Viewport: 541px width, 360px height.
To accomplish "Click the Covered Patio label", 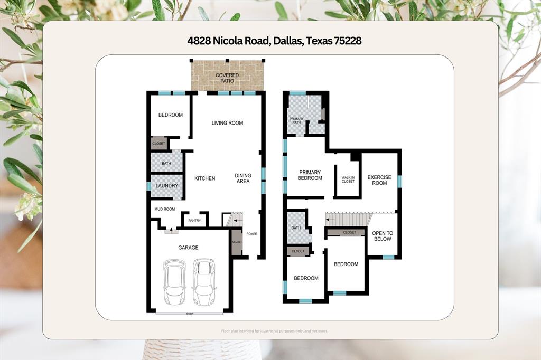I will (227, 78).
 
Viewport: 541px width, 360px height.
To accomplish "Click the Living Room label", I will (227, 123).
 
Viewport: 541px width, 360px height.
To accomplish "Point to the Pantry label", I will (194, 221).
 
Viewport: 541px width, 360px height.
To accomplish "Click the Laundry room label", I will (166, 186).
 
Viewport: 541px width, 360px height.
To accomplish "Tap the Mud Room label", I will (164, 209).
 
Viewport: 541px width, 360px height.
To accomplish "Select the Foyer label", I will (252, 234).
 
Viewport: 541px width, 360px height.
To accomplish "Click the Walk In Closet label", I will (348, 179).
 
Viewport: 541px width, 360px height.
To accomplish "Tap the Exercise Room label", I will (377, 180).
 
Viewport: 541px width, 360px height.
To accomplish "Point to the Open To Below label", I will (382, 236).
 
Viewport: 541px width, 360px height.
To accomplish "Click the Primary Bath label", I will (296, 120).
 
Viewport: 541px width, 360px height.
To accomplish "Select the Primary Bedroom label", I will (310, 175).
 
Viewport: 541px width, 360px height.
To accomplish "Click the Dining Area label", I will (243, 178).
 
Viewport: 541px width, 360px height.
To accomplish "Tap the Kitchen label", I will (204, 178).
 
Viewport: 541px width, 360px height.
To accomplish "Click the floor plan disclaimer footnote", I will (274, 331).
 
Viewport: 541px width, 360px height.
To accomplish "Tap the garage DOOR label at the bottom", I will (189, 314).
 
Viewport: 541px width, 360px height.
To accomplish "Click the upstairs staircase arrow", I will (331, 219).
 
